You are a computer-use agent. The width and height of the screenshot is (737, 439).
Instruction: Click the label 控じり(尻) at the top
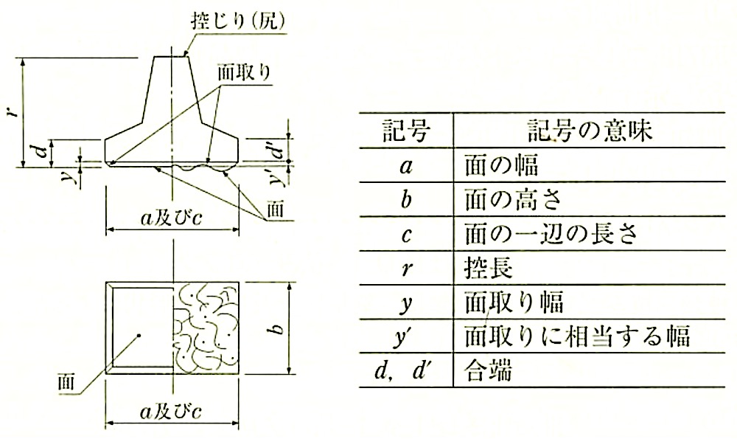[x=237, y=21]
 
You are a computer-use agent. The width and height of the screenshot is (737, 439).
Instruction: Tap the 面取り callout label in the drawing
[x=243, y=73]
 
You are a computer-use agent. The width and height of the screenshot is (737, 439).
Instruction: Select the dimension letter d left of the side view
[x=43, y=152]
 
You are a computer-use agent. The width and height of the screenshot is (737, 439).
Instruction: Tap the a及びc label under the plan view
[x=171, y=412]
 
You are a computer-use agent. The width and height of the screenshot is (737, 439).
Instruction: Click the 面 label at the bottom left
[x=66, y=382]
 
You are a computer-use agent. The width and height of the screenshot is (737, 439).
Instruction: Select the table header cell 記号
[x=406, y=131]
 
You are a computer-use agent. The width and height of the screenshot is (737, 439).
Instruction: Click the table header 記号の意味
[x=590, y=131]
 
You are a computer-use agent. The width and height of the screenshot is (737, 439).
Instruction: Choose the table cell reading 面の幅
[x=501, y=165]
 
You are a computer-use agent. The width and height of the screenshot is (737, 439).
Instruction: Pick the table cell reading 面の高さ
[x=513, y=200]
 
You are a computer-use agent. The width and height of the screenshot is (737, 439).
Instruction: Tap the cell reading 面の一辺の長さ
[x=551, y=234]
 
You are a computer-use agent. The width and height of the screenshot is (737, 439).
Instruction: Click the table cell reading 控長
[x=489, y=269]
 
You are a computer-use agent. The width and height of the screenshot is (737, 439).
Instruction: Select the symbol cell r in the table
[x=405, y=269]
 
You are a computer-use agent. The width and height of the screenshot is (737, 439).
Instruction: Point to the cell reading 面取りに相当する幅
[x=577, y=336]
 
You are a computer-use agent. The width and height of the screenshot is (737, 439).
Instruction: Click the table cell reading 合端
[x=489, y=370]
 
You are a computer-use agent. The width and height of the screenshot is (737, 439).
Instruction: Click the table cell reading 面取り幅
[x=514, y=302]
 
